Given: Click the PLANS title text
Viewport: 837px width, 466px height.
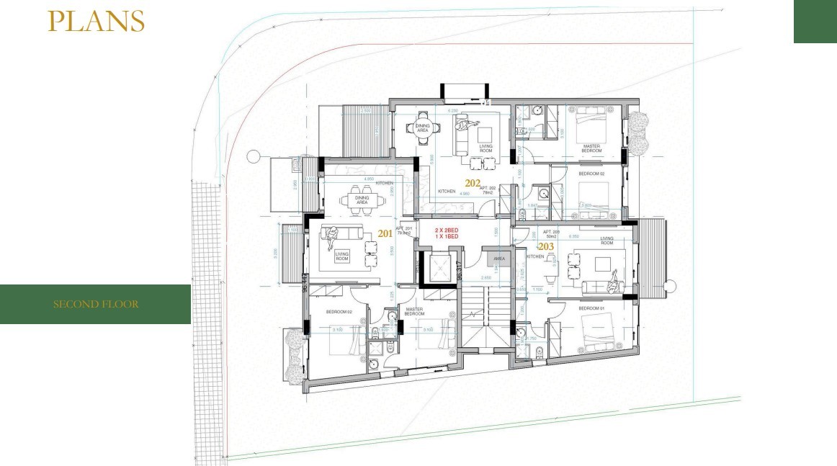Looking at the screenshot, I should point(96,22).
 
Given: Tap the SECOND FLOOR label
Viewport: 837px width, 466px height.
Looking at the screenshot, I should point(96,304).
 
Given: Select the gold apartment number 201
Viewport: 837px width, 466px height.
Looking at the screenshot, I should point(385,233).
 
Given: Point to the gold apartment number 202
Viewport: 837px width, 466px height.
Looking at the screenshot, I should point(473,183).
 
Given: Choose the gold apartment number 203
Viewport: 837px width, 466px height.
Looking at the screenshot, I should point(546,246).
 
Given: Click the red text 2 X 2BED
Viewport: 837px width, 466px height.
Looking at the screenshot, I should point(446,230).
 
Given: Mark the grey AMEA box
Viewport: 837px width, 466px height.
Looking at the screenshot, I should point(498,258).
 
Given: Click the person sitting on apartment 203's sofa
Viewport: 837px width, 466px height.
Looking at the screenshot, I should point(612,283).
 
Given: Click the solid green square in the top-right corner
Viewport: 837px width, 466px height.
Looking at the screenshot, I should point(815,22).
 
